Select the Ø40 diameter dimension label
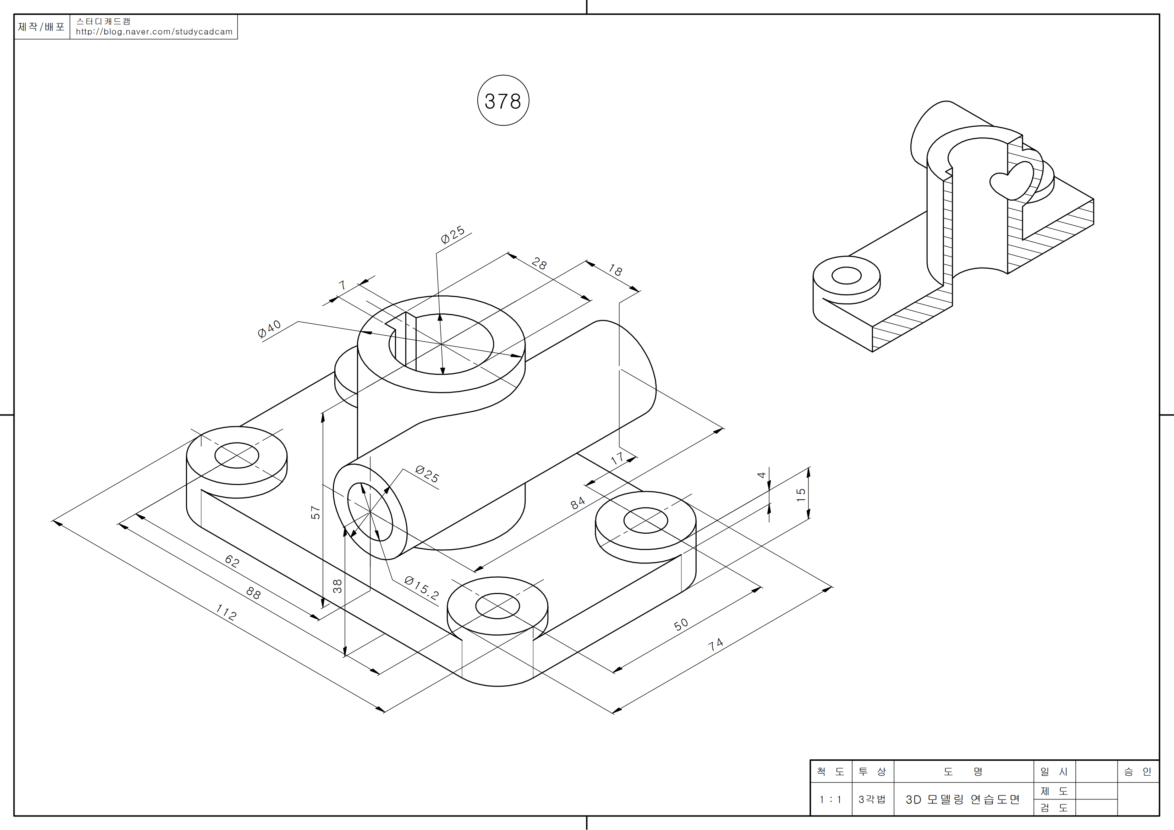269,329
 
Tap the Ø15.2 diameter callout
421,587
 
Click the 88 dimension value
253,593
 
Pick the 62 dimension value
232,561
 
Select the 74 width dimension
715,644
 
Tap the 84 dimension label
577,503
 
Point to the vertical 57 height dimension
316,512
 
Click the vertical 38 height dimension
338,586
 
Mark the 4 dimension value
761,475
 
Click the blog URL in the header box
154,32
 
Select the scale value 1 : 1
830,799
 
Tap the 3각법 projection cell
872,799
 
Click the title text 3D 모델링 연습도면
962,799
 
